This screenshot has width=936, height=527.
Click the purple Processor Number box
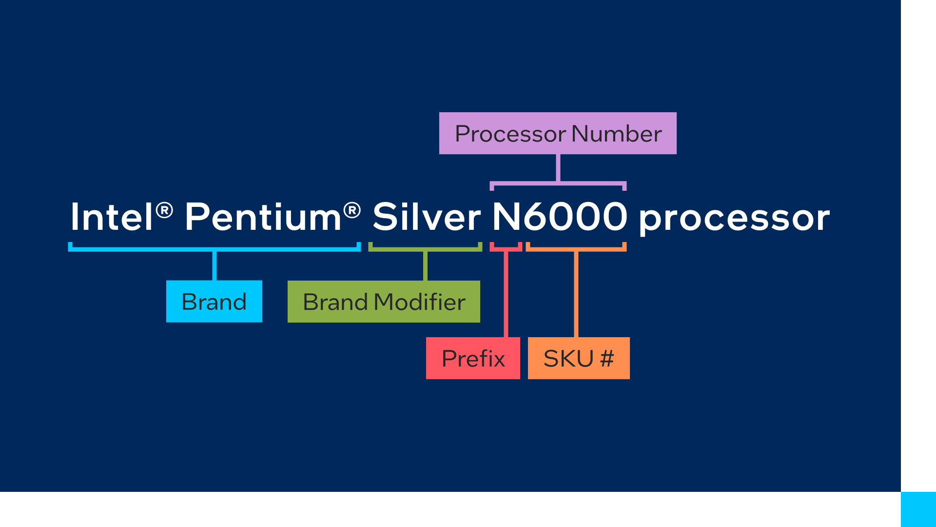558,133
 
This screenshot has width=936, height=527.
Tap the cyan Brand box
214,301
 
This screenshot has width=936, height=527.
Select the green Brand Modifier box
384,301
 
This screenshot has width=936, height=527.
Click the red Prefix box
473,358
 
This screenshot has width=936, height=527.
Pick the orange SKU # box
579,358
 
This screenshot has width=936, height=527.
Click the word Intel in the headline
112,217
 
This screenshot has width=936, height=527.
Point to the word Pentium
263,217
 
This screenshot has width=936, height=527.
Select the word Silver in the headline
427,217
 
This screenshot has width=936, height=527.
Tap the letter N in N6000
507,217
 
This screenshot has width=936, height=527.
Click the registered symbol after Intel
165,210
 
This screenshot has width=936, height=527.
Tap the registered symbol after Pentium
352,210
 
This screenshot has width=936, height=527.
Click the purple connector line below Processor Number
558,168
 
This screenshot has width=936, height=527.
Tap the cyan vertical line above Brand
214,266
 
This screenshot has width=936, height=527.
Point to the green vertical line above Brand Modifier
426,266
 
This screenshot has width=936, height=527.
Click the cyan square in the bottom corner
918,509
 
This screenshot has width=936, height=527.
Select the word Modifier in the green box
420,302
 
